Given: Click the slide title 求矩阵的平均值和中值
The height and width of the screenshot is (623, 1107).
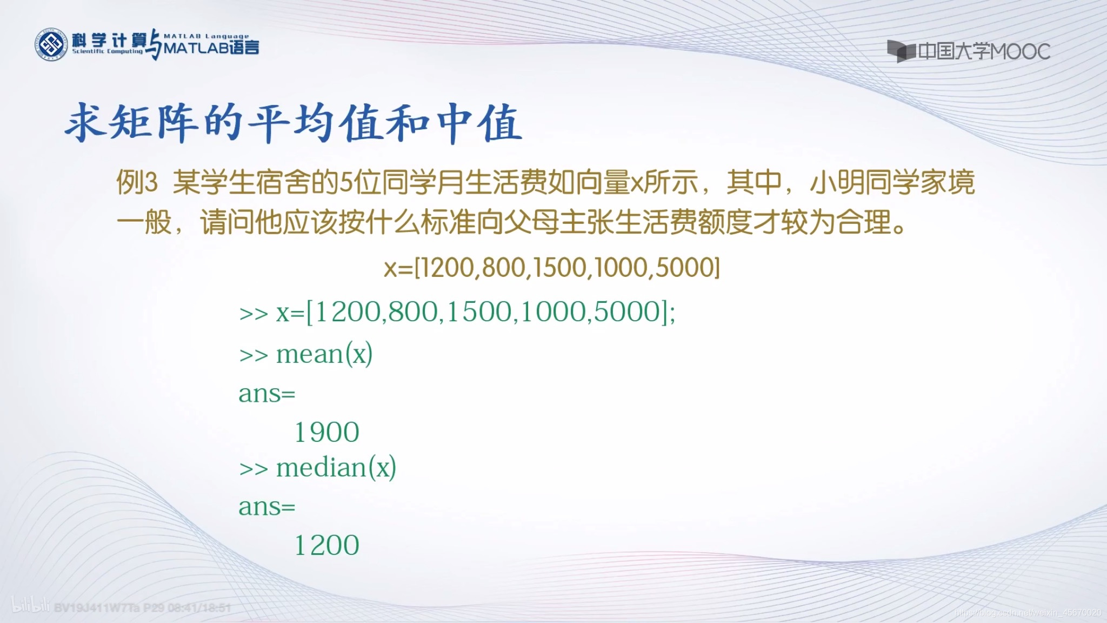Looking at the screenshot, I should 293,123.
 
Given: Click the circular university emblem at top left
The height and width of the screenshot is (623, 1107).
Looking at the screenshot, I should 51,45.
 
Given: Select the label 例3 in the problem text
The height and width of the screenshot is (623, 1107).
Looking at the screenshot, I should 137,183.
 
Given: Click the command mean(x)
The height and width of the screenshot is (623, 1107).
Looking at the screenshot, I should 324,355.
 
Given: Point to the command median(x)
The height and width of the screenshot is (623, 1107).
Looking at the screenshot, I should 336,468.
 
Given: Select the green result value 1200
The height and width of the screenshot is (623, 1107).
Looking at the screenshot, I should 326,545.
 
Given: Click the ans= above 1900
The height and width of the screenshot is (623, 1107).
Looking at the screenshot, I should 267,394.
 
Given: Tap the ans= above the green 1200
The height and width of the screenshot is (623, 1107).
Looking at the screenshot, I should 267,507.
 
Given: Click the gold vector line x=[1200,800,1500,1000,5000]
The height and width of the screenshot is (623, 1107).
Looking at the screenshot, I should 552,268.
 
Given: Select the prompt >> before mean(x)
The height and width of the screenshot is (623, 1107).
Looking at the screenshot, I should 254,356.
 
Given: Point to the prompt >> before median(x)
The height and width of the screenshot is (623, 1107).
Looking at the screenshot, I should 254,469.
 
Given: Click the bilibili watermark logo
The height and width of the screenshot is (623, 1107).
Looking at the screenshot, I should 31,607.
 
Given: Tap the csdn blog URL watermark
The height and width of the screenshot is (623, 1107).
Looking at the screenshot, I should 1027,613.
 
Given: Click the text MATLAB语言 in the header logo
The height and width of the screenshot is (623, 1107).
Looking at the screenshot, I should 211,48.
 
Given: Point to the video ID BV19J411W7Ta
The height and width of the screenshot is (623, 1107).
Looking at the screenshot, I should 97,608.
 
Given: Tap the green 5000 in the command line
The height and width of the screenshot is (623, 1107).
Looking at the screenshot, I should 626,312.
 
